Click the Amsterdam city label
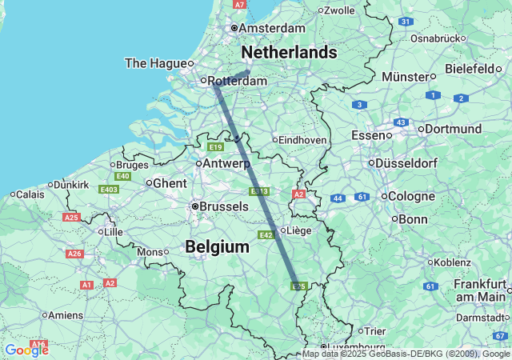[x=272, y=28]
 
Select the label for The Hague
[x=156, y=63]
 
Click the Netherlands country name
[x=289, y=52]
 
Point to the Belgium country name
[x=217, y=247]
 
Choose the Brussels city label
[x=223, y=206]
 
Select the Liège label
[x=298, y=230]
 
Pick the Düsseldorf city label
[x=410, y=163]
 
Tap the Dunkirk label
[x=72, y=184]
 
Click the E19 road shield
[x=215, y=147]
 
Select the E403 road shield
[x=109, y=189]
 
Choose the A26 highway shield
[x=75, y=254]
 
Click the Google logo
[x=26, y=350]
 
